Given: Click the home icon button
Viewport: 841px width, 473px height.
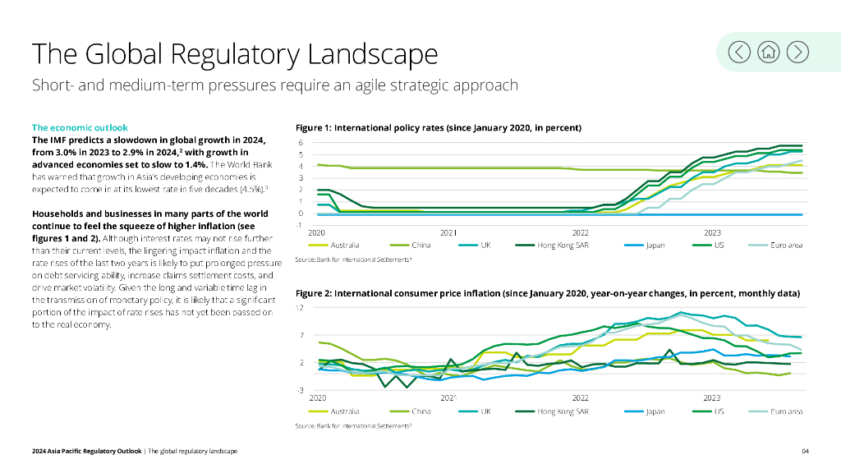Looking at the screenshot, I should coord(769,52).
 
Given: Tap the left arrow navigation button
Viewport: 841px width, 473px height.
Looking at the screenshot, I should coord(740,52).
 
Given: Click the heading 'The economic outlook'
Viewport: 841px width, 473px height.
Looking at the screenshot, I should coord(80,127).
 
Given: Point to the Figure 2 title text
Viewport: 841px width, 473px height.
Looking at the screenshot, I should coord(547,293).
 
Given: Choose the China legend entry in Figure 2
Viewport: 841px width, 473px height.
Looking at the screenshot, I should coord(420,411).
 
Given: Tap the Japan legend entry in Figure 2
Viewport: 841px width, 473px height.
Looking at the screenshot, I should coord(655,411).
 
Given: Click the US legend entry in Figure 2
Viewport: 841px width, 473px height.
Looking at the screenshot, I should coord(719,411).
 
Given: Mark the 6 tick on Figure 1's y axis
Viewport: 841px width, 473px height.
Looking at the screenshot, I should coord(300,143).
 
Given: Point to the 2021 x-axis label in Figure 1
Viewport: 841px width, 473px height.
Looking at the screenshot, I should coord(448,233).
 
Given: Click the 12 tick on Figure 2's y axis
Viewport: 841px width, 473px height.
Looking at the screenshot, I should coord(300,308).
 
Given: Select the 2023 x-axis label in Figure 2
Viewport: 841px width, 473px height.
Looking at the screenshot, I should coord(712,398).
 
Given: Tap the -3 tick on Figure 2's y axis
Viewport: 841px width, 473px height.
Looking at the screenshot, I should coord(300,389).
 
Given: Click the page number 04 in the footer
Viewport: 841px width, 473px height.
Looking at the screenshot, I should coord(806,452).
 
